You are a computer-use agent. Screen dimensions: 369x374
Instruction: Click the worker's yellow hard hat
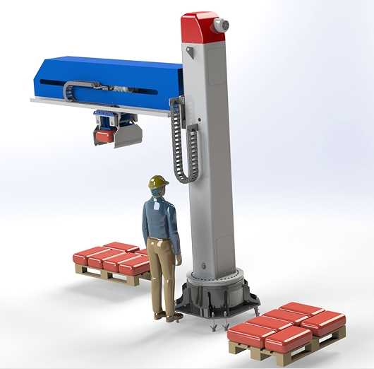click(x=159, y=182)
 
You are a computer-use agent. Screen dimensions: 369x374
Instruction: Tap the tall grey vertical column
click(x=208, y=156)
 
